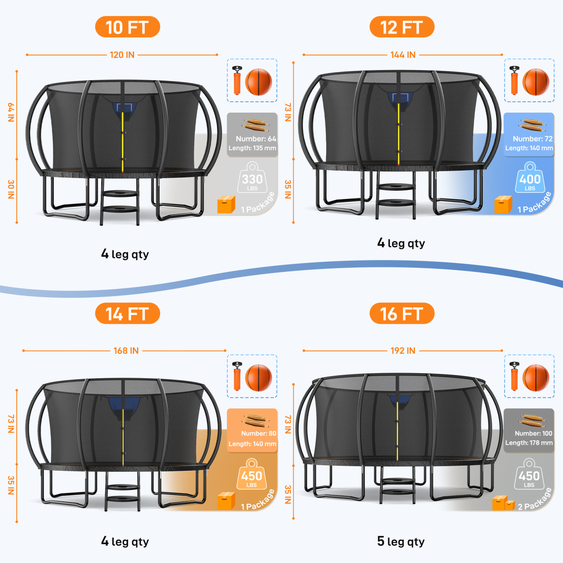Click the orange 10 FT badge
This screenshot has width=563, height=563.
(127, 27)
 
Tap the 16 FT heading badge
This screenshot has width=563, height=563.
(402, 314)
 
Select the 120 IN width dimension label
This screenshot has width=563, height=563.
(122, 55)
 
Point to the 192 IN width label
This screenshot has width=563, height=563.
(403, 351)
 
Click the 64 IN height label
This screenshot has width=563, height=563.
(11, 113)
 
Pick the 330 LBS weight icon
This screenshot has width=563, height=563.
(252, 178)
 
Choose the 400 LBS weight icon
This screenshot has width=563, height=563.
(530, 178)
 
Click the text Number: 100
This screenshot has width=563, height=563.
(533, 433)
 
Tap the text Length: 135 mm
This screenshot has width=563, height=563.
(252, 148)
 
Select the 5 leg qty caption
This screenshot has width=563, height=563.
(401, 542)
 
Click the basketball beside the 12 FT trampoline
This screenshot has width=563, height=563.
(536, 82)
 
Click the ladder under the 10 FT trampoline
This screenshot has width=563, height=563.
(120, 203)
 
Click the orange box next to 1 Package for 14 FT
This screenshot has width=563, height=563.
(226, 501)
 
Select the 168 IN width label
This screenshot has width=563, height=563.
(126, 351)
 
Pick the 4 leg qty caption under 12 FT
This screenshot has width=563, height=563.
(401, 244)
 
